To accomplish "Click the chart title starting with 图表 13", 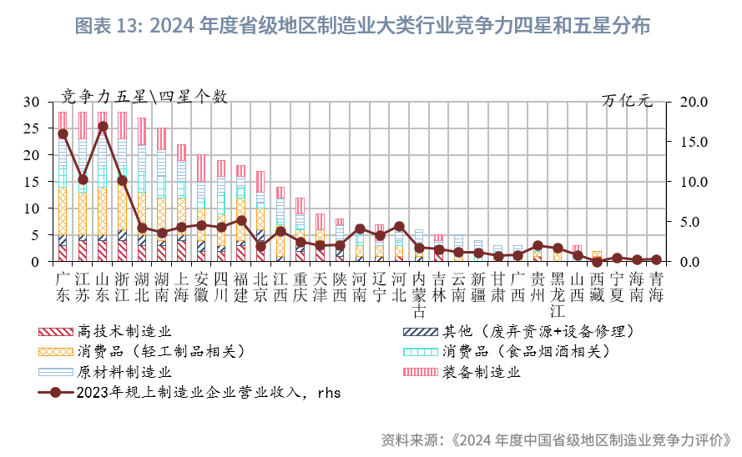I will (x=362, y=26).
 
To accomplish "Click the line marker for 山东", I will (x=103, y=127).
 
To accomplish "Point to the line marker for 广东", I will (x=63, y=133).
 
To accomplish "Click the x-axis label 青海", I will (x=657, y=285).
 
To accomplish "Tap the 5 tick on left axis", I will (x=35, y=235).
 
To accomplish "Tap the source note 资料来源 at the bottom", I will (x=556, y=439).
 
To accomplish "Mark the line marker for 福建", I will (x=241, y=221).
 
